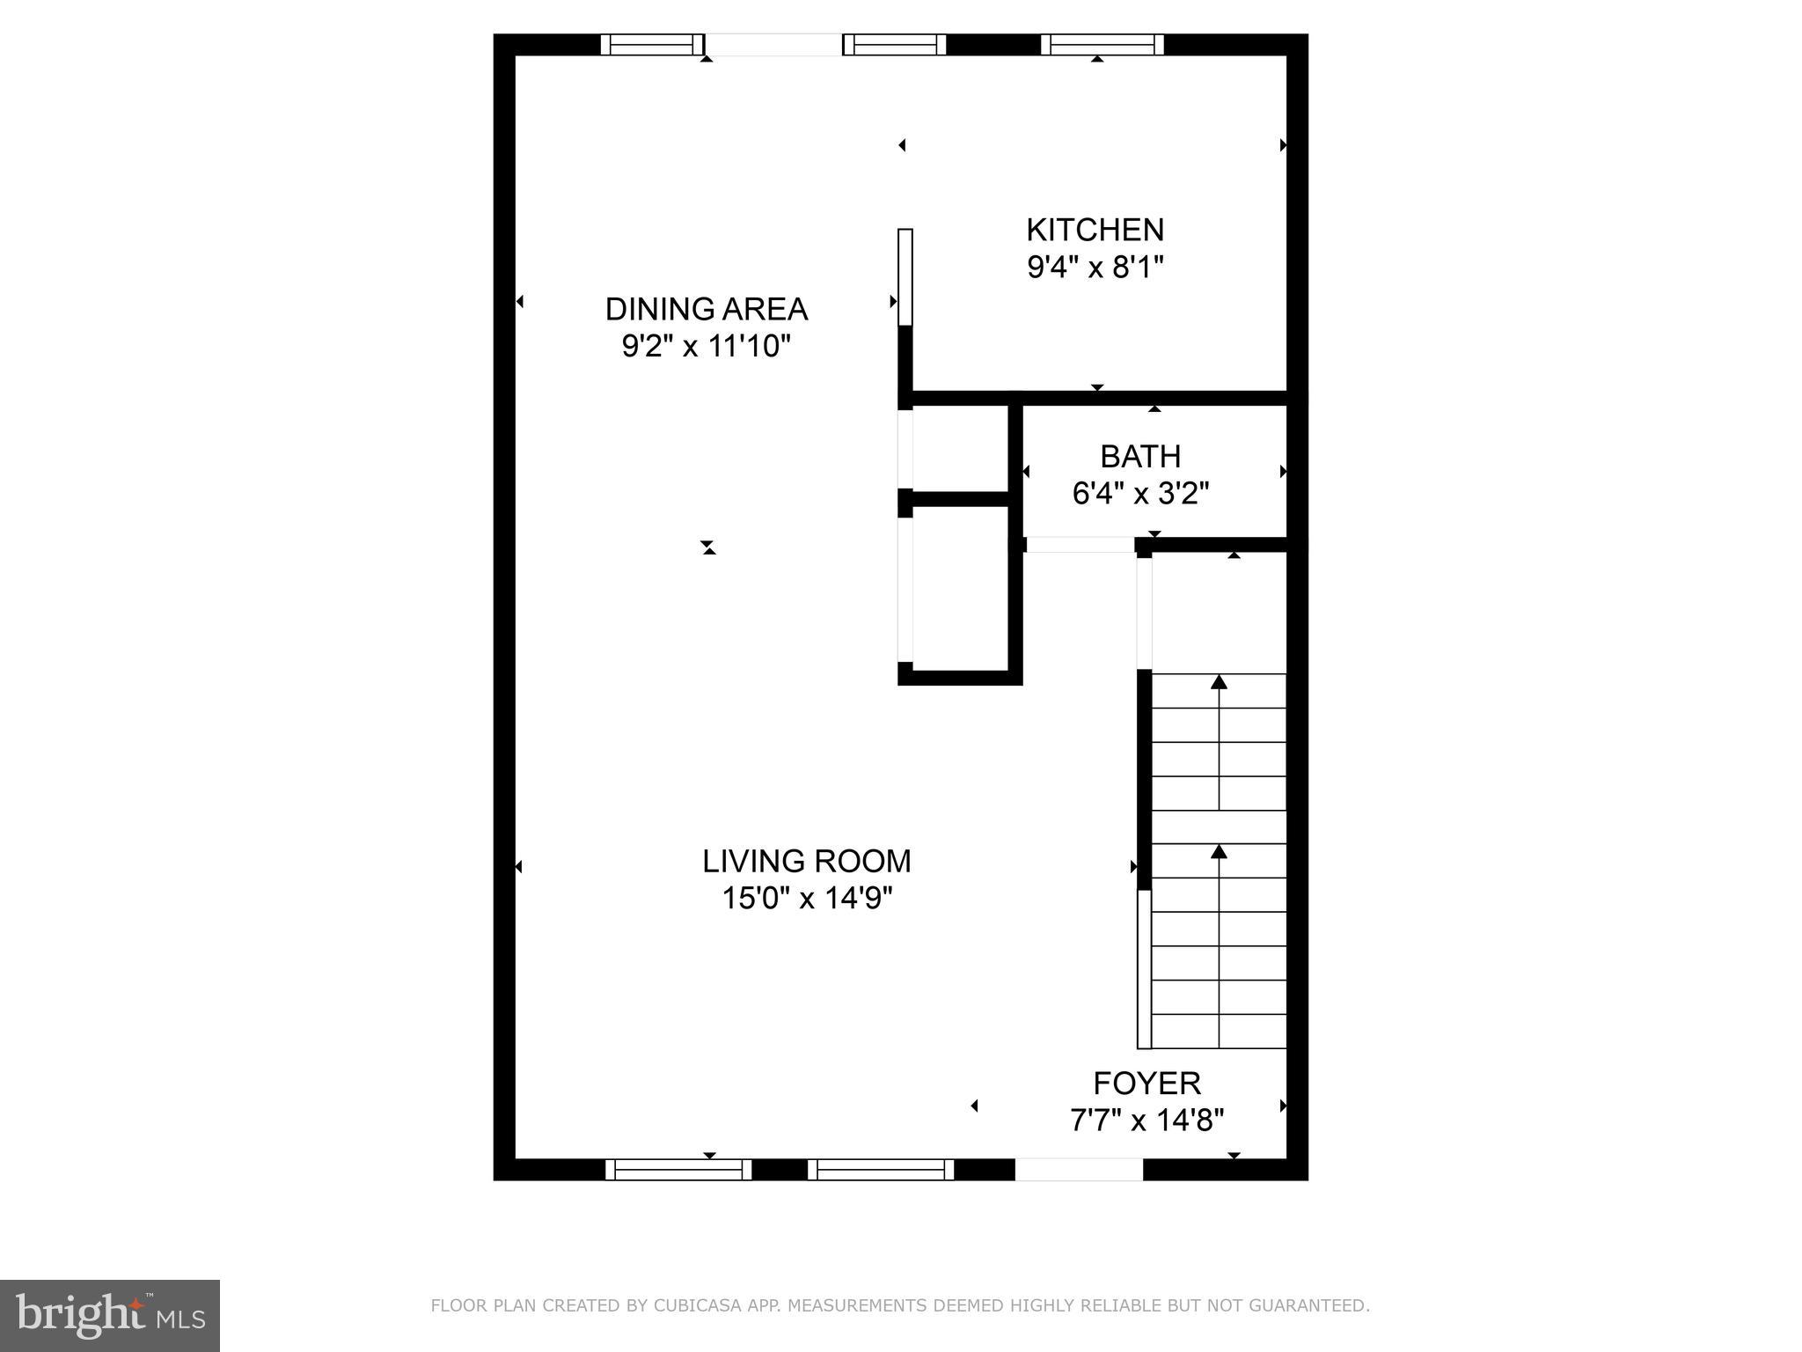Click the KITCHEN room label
coord(1095,230)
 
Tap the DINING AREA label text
coord(706,309)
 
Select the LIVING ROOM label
coord(806,861)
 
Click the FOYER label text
coord(1146,1083)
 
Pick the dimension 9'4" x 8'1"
coord(1095,267)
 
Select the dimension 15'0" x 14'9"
coord(806,899)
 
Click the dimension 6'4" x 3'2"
coord(1140,494)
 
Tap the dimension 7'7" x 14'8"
coord(1146,1121)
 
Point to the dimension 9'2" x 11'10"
coord(706,347)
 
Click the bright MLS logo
coord(110,1315)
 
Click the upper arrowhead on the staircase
coord(1219,682)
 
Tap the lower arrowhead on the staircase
coord(1219,851)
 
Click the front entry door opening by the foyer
coord(1079,1169)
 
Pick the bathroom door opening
coord(1080,545)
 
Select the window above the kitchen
coord(1102,44)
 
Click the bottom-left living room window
coord(678,1169)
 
